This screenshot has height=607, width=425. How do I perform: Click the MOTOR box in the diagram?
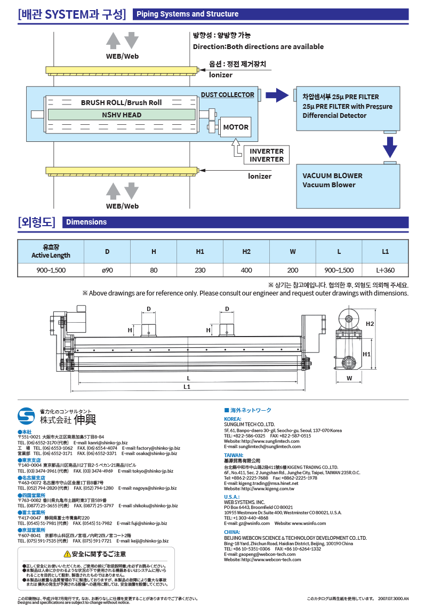235,127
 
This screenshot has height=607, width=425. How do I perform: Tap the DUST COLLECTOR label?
228,95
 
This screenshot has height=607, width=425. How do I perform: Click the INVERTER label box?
267,155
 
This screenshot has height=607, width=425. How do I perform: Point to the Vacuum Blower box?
348,186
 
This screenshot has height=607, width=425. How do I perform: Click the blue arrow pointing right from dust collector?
277,95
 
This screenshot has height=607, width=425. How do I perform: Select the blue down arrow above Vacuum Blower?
390,147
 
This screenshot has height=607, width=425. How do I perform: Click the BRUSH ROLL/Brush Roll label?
121,102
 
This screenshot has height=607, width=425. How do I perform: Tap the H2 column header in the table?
246,251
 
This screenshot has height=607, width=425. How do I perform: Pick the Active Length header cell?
51,251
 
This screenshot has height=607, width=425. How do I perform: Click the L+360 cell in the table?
385,270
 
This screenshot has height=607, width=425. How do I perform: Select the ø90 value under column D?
108,270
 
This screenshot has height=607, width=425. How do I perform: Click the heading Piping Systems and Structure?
187,14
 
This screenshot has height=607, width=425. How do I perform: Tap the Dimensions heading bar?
86,222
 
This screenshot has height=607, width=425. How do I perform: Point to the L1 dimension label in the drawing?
187,386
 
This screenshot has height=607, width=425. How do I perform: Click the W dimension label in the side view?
349,378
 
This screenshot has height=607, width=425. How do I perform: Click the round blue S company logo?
26,417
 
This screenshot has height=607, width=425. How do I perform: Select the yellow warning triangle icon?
67,554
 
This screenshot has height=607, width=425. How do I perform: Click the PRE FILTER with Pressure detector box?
348,108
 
